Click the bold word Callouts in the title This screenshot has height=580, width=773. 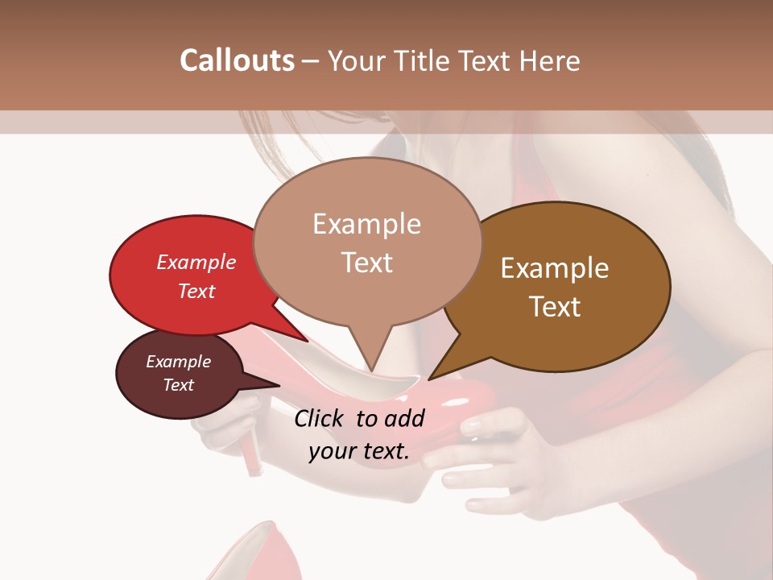click(x=237, y=60)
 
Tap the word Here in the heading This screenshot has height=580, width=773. click(x=550, y=60)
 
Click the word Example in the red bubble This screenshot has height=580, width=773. click(x=196, y=262)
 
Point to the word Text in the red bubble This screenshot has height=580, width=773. click(x=196, y=291)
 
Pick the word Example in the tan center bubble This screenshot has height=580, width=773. click(x=366, y=224)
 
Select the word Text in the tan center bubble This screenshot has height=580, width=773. click(x=366, y=263)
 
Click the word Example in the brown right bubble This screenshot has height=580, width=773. click(x=555, y=268)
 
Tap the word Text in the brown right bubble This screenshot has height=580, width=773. click(x=555, y=307)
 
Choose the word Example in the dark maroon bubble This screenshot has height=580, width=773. click(x=178, y=362)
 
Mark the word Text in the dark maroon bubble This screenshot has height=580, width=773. click(x=178, y=385)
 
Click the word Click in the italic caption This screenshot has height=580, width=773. click(x=320, y=418)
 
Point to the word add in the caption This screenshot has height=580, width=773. click(x=405, y=418)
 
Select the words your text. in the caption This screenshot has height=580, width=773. click(x=358, y=451)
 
